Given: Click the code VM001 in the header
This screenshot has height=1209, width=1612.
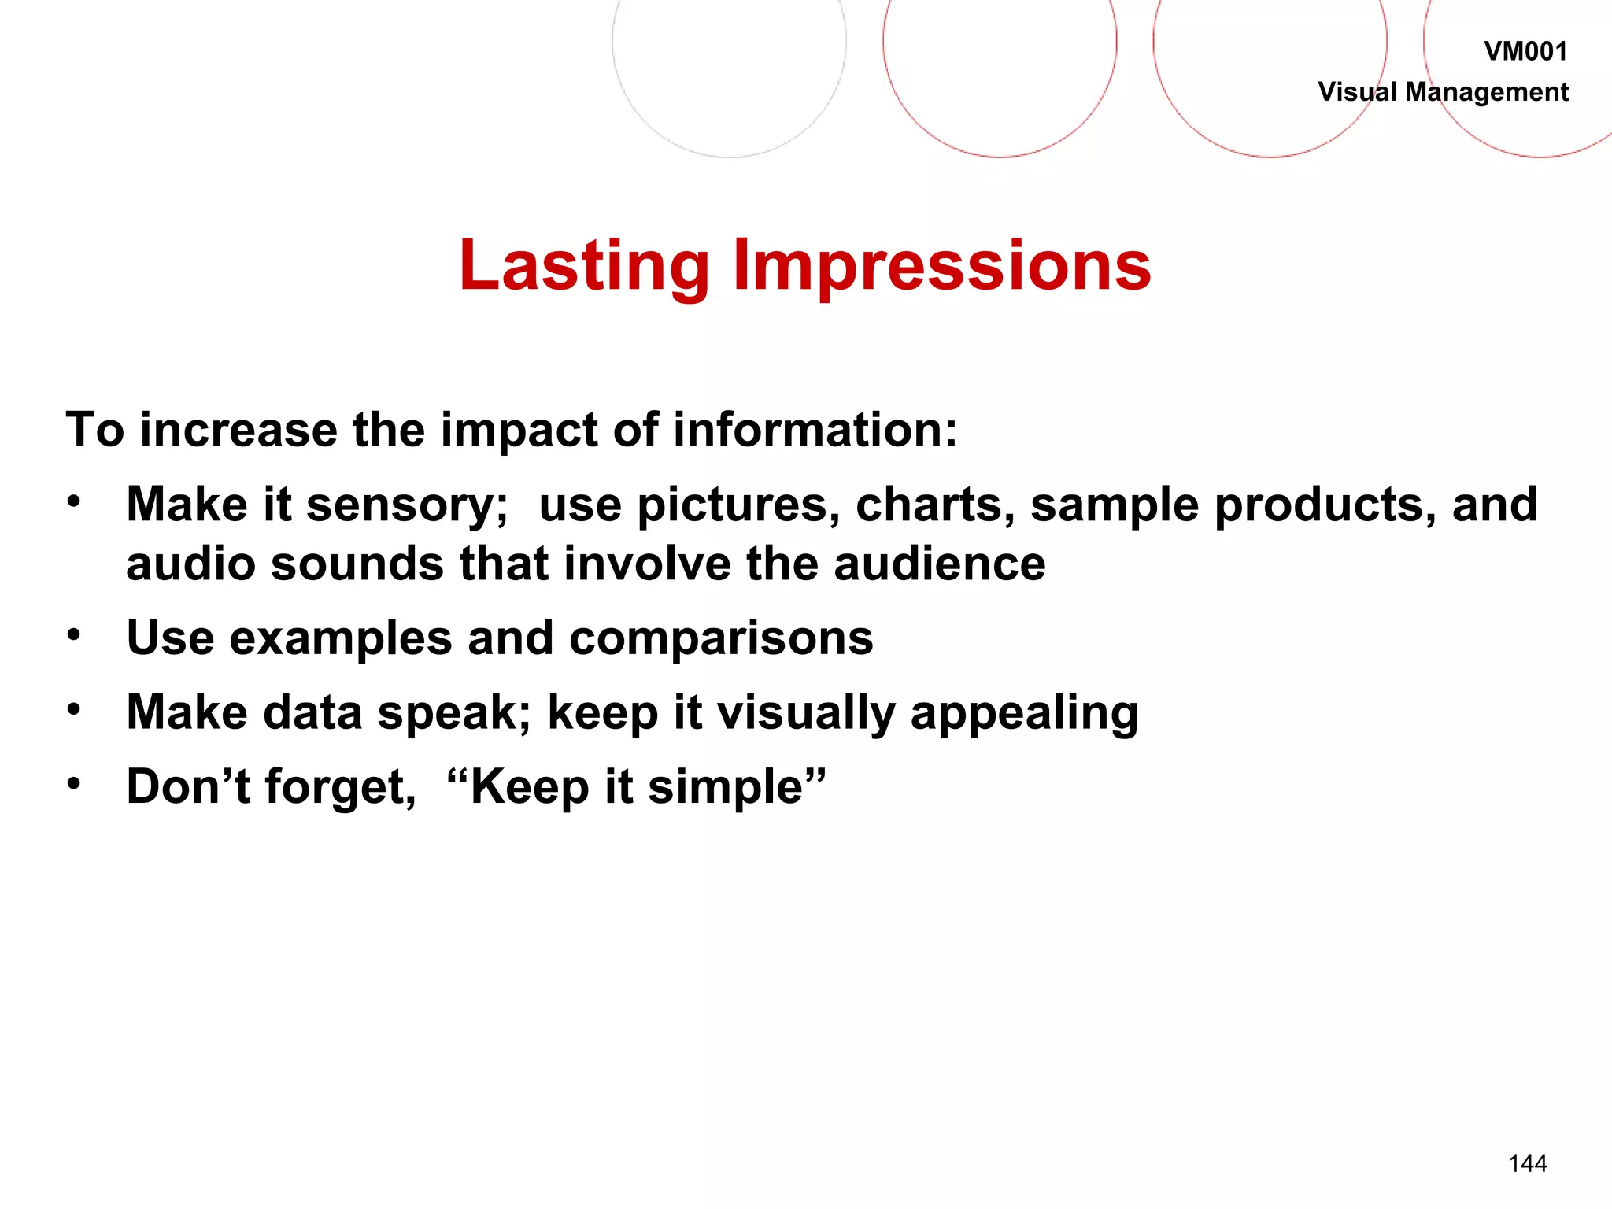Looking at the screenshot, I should tap(1525, 52).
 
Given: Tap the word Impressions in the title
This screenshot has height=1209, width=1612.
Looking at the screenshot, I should tap(941, 266).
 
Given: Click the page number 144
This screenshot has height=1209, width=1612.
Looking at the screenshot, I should tap(1527, 1163).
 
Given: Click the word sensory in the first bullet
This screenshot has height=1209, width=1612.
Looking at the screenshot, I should tap(406, 505).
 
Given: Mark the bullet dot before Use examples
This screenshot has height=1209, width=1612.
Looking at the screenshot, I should tap(74, 634).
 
